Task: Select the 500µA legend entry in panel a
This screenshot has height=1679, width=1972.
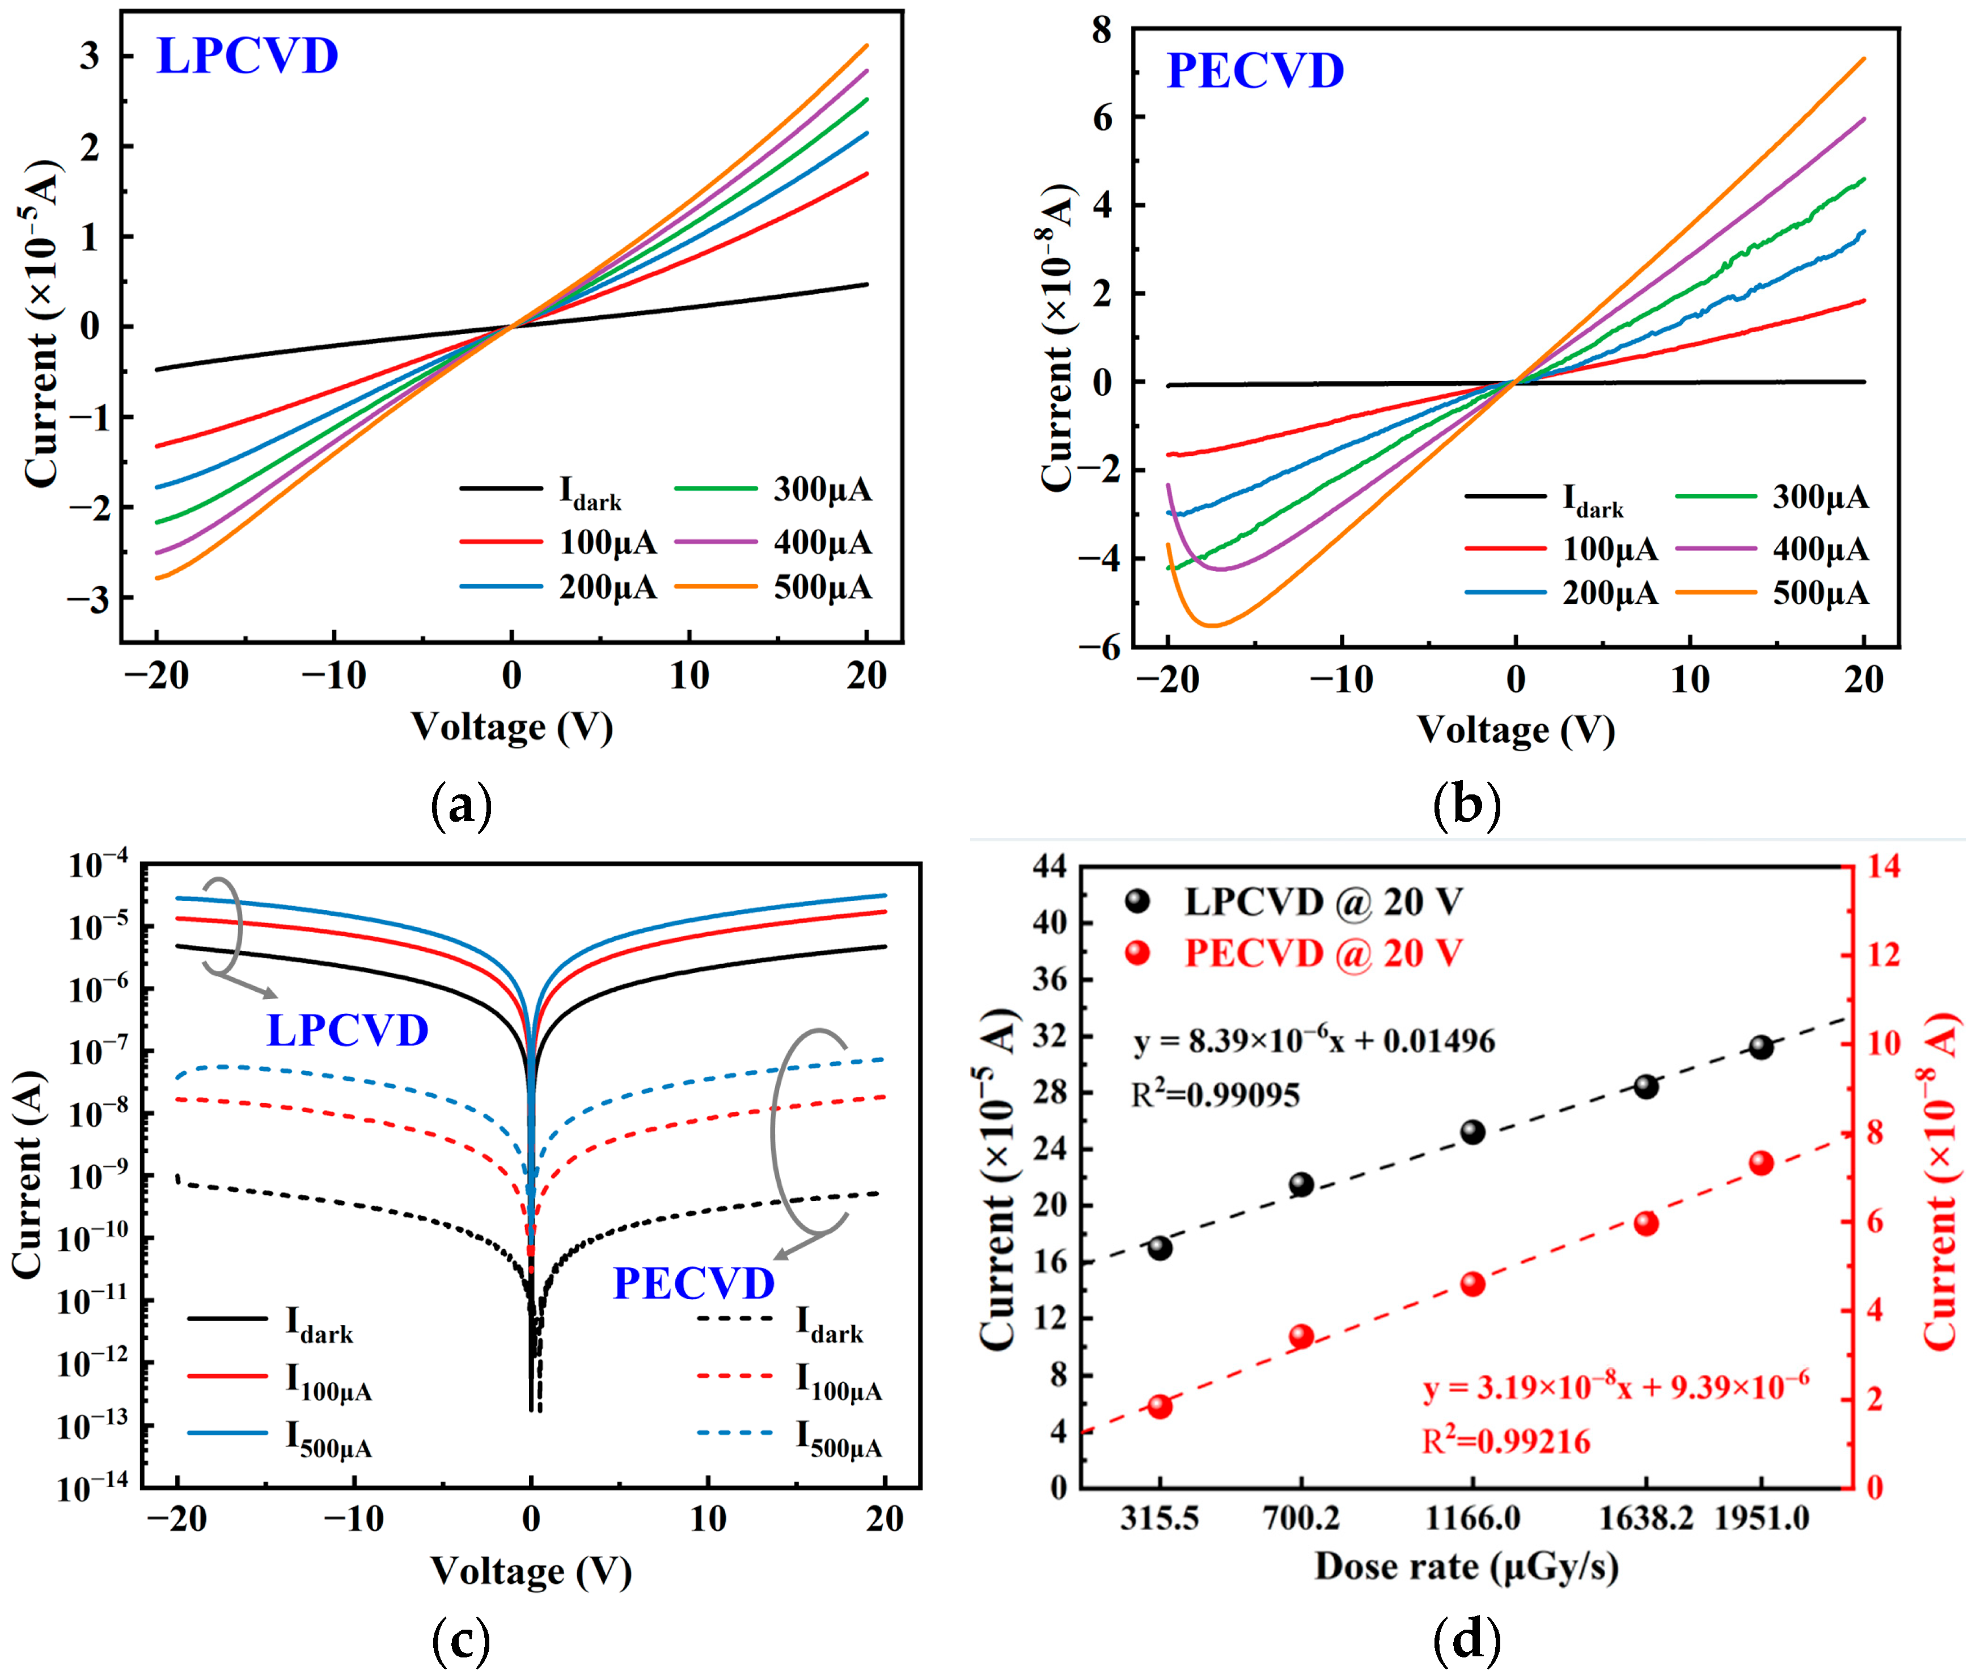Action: click(x=822, y=587)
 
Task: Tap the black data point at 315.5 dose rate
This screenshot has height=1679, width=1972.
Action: click(x=1159, y=1248)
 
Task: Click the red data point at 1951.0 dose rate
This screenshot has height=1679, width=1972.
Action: click(x=1761, y=1163)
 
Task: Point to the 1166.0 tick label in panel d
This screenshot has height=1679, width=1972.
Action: click(x=1472, y=1517)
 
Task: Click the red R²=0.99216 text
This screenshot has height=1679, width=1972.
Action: click(x=1506, y=1442)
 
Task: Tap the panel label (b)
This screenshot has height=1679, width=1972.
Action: click(x=1467, y=805)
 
